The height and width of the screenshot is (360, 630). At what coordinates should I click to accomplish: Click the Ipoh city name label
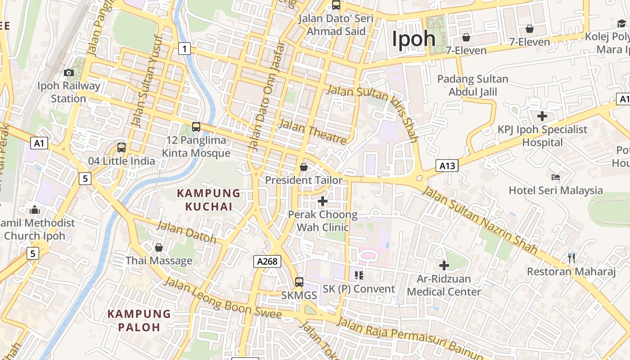pos(414,39)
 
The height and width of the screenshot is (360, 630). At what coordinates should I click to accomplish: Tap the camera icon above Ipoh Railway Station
pos(69,72)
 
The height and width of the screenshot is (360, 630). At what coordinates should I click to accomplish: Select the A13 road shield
pos(447,166)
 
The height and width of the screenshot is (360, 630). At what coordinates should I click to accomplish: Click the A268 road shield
pos(267,261)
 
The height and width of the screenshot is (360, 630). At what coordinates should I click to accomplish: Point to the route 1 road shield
pos(184,48)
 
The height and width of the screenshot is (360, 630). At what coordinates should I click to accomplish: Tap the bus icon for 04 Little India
pos(121,147)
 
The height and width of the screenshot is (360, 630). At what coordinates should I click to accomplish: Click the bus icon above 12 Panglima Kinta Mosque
pos(196,127)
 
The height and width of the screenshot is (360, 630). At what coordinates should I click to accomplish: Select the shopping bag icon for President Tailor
pos(304,167)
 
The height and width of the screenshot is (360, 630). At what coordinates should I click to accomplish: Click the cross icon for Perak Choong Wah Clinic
pos(323,201)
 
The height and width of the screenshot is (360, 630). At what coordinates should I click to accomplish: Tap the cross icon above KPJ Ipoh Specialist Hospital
pos(542,116)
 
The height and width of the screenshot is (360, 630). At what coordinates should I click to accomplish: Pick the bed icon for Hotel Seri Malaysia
pos(556,177)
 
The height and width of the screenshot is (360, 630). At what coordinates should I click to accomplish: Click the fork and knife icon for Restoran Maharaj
pos(571,258)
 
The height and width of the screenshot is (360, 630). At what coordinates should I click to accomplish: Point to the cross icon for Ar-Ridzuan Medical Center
pos(444,265)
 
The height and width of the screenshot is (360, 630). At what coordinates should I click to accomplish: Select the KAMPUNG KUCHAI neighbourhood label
pos(209,200)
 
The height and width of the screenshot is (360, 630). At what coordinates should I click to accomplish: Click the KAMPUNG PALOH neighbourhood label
pos(139,320)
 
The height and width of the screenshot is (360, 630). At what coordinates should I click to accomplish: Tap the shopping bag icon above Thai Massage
pos(158,247)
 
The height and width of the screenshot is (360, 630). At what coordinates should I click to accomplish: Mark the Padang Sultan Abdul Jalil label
pos(472,85)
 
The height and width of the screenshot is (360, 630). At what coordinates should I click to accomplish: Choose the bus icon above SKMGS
pos(299,282)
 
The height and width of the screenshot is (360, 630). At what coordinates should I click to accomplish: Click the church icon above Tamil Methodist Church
pos(35,210)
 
